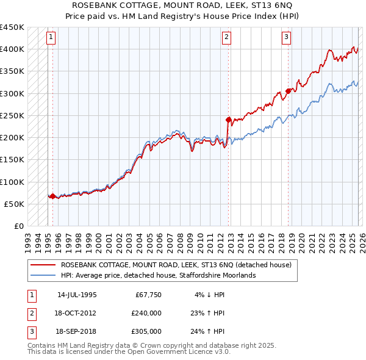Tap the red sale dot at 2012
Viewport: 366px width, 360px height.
228,120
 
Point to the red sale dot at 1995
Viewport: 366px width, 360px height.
52,196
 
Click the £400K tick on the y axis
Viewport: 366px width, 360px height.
12,49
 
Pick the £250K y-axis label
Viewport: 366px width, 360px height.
12,115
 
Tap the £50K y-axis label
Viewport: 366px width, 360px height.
15,204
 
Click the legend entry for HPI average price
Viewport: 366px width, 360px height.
157,275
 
